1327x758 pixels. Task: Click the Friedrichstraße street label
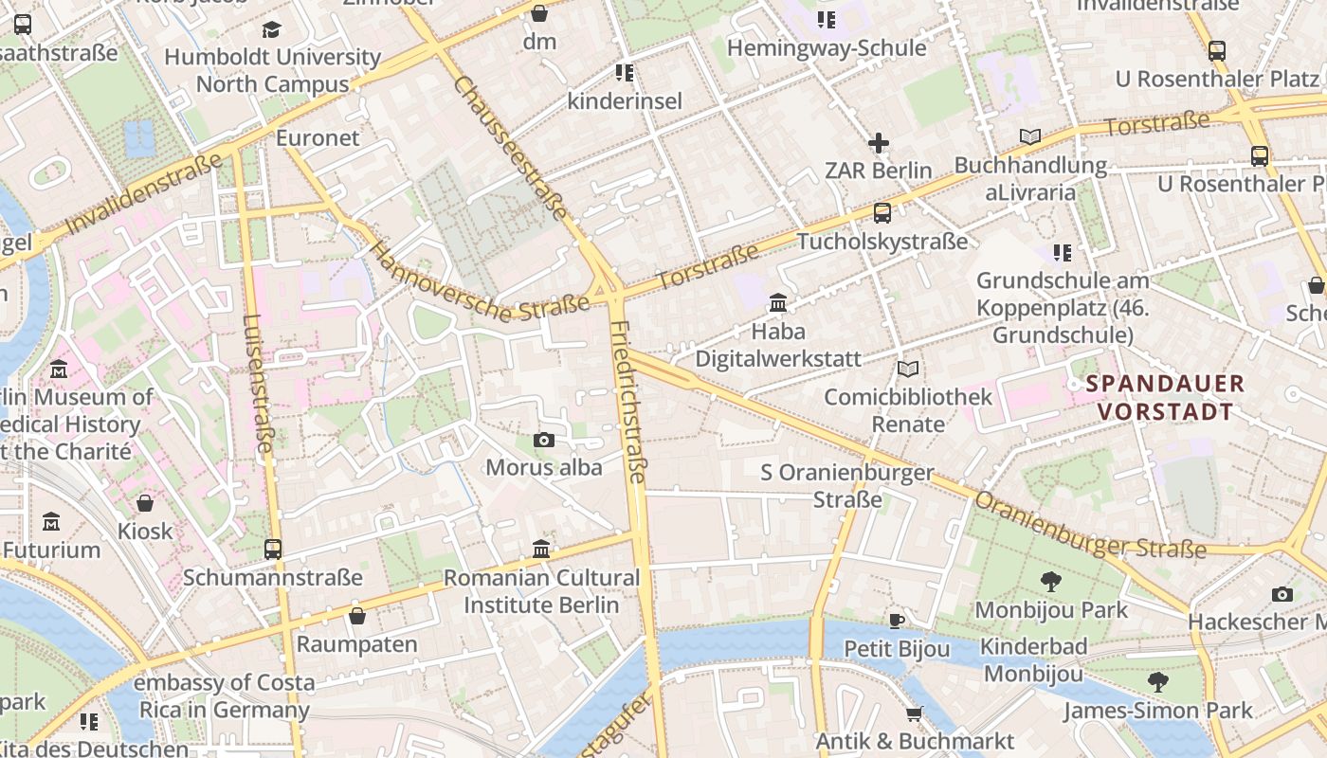pos(627,403)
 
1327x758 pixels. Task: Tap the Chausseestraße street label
pos(511,146)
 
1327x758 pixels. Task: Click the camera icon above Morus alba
pos(543,440)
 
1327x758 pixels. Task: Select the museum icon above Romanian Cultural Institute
pos(541,549)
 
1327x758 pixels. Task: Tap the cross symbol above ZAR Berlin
pos(879,144)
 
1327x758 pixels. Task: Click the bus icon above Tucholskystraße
pos(882,213)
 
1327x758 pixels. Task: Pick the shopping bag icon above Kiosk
pos(145,503)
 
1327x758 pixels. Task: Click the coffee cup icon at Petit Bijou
pos(897,622)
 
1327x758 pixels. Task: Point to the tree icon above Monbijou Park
pos(1050,582)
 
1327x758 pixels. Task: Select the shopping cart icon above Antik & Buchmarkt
pos(914,713)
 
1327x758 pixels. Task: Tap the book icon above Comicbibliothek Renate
pos(908,369)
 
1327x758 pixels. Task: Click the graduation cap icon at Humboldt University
pos(272,29)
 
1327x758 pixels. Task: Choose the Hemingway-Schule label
pos(827,47)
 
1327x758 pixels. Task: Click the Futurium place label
pos(51,550)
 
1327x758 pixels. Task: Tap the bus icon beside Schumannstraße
pos(273,549)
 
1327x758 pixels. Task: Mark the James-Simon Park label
pos(1157,710)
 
